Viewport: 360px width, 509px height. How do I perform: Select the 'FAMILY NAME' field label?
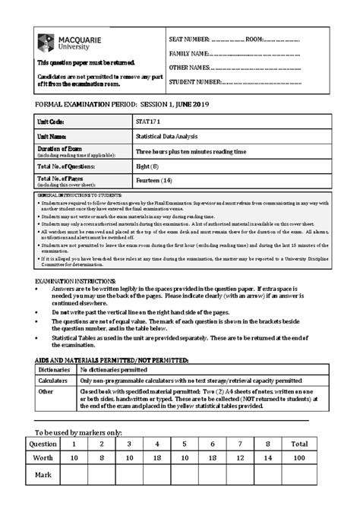188,53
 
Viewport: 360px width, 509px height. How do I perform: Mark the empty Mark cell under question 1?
74,476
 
